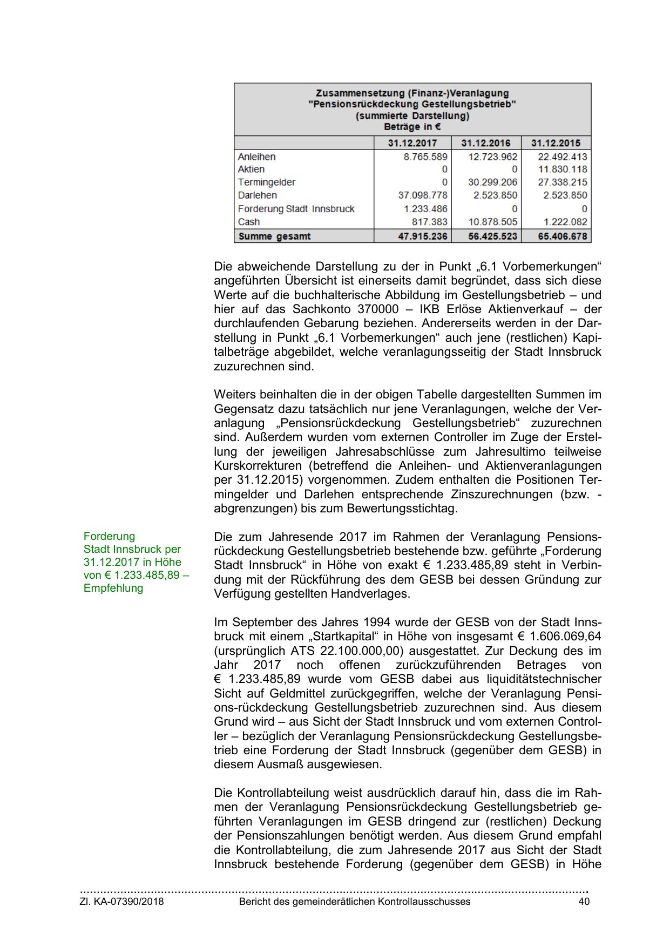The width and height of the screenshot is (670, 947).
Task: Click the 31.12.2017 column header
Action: click(412, 143)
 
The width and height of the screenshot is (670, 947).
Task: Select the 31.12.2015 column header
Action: click(556, 143)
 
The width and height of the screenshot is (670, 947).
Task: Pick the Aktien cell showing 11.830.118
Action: click(563, 170)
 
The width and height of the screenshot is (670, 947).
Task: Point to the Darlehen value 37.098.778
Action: click(423, 195)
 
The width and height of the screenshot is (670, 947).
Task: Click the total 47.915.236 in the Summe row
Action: click(423, 236)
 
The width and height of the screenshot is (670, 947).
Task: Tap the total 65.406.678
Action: click(563, 236)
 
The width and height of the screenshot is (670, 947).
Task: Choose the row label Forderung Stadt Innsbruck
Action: click(296, 209)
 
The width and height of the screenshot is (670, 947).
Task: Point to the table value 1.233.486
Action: click(425, 209)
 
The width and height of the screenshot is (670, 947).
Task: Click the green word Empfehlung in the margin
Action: click(113, 589)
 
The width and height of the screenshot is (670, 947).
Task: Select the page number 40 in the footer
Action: click(584, 902)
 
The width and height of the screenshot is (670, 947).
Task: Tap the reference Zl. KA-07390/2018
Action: click(122, 902)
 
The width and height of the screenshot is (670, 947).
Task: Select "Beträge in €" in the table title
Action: click(412, 127)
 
